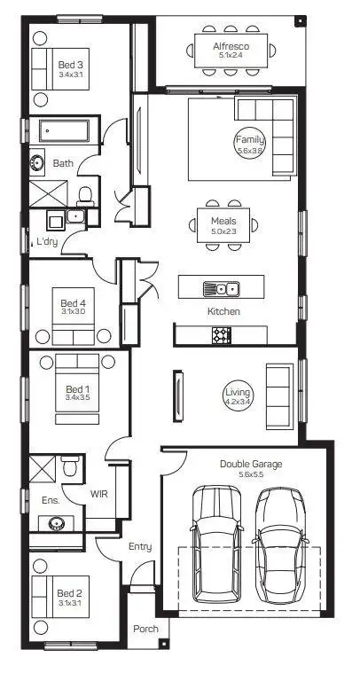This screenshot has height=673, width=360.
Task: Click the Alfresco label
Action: click(231, 45)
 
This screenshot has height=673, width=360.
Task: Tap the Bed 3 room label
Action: click(71, 65)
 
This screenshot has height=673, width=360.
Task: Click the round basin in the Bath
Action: click(38, 162)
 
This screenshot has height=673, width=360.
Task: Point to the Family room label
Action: click(249, 140)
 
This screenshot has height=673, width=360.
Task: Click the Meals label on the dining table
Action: click(223, 220)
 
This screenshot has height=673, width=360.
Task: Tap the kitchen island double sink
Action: click(221, 288)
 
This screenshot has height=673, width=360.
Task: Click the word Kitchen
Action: click(223, 312)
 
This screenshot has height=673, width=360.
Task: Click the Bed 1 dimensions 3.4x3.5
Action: click(78, 398)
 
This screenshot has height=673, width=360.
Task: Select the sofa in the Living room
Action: click(281, 387)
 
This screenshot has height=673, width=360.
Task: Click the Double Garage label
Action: click(250, 464)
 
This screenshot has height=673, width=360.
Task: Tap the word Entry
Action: click(140, 547)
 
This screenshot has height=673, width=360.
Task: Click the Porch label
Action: click(145, 629)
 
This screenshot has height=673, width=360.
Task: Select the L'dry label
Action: click(46, 241)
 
